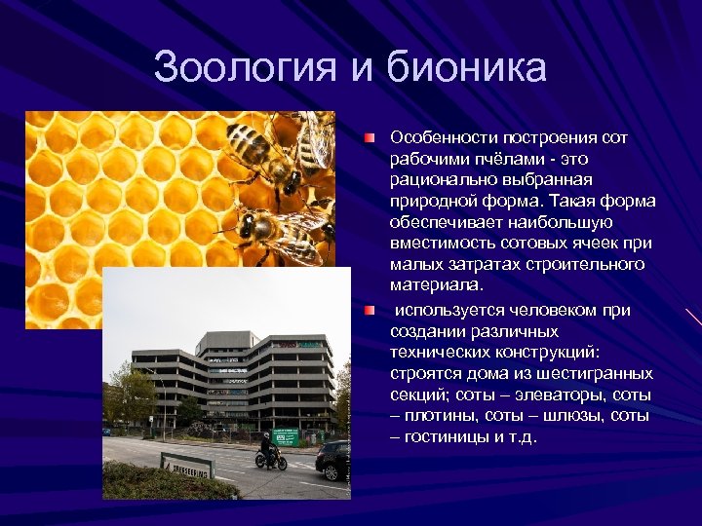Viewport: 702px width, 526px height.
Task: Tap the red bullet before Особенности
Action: (370, 138)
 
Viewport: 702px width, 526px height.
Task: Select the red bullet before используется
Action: (370, 310)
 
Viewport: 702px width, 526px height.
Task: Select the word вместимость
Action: (439, 244)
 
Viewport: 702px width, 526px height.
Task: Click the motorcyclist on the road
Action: (268, 452)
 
